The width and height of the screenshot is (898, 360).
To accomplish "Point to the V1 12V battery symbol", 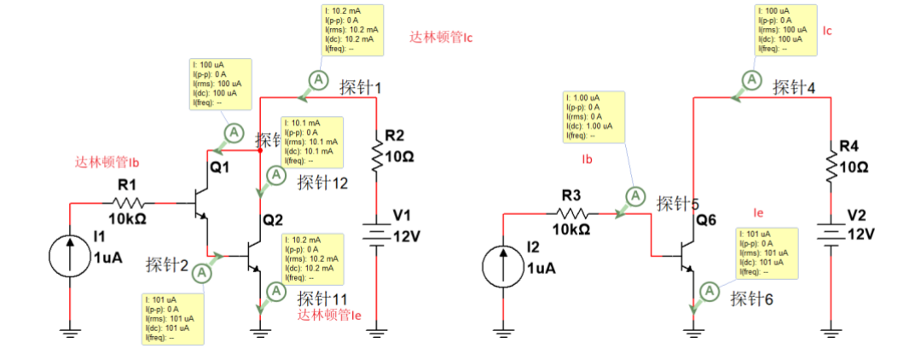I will tap(376, 232).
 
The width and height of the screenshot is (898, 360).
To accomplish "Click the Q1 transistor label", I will tap(220, 168).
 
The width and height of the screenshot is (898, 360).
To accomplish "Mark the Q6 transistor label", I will tap(706, 221).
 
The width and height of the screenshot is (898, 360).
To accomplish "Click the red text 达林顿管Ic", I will tap(441, 38).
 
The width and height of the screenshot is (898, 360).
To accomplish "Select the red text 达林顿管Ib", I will tap(107, 161).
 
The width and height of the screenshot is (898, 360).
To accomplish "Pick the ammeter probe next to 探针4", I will tap(751, 79).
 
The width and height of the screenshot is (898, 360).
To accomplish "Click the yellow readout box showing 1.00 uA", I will tap(594, 117).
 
